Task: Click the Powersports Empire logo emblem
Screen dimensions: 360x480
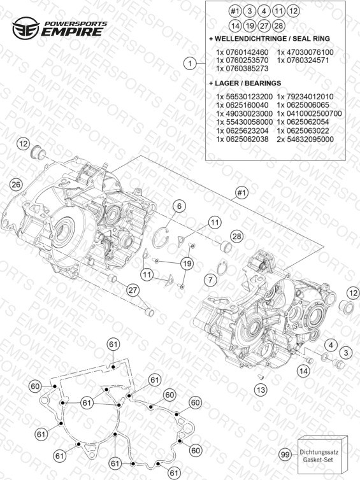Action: click(25, 28)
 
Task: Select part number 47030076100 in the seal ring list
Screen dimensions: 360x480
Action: click(305, 52)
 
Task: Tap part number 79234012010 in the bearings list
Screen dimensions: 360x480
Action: click(305, 97)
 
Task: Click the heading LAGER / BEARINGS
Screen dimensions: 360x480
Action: click(245, 83)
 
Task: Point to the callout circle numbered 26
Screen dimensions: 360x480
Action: click(16, 184)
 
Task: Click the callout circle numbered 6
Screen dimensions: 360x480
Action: click(180, 206)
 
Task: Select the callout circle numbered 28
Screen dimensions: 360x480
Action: click(237, 236)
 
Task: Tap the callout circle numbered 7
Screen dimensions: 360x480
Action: click(210, 279)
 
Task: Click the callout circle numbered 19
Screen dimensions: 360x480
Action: click(187, 263)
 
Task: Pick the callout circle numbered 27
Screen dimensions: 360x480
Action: click(133, 290)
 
